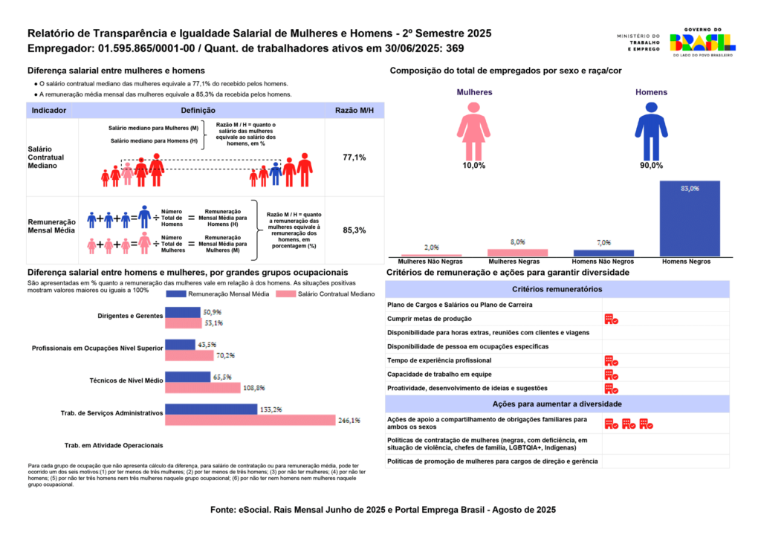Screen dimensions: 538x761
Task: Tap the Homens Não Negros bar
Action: pyautogui.click(x=603, y=253)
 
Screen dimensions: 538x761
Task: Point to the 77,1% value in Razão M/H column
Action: pyautogui.click(x=354, y=158)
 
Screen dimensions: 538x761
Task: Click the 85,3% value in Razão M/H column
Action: pyautogui.click(x=354, y=230)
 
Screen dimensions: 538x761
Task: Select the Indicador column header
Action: pyautogui.click(x=49, y=110)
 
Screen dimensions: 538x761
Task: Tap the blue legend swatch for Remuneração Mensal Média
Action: pyautogui.click(x=175, y=294)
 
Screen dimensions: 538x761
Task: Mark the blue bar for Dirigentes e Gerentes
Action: pyautogui.click(x=182, y=312)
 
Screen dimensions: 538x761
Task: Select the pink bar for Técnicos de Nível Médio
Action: pyautogui.click(x=202, y=388)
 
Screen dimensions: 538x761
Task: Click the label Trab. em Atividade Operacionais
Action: pyautogui.click(x=114, y=445)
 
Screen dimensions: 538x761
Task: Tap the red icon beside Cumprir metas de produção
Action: pyautogui.click(x=611, y=319)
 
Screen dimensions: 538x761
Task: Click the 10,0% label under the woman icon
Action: pyautogui.click(x=473, y=165)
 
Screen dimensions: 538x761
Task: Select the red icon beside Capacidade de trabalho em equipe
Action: pyautogui.click(x=611, y=375)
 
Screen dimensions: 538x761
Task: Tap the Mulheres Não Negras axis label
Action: pyautogui.click(x=431, y=262)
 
